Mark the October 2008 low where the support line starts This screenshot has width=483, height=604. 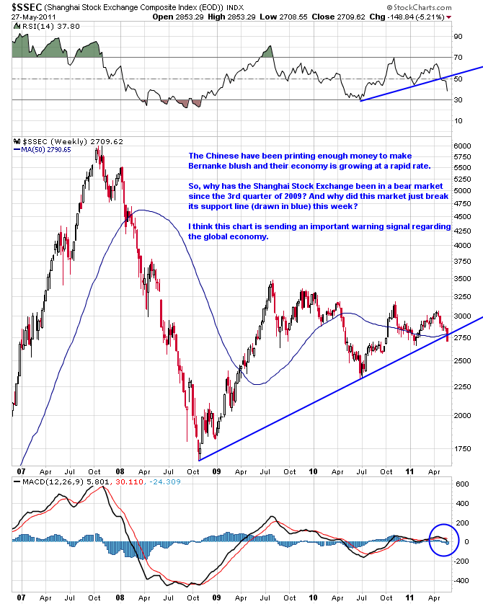pyautogui.click(x=198, y=459)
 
